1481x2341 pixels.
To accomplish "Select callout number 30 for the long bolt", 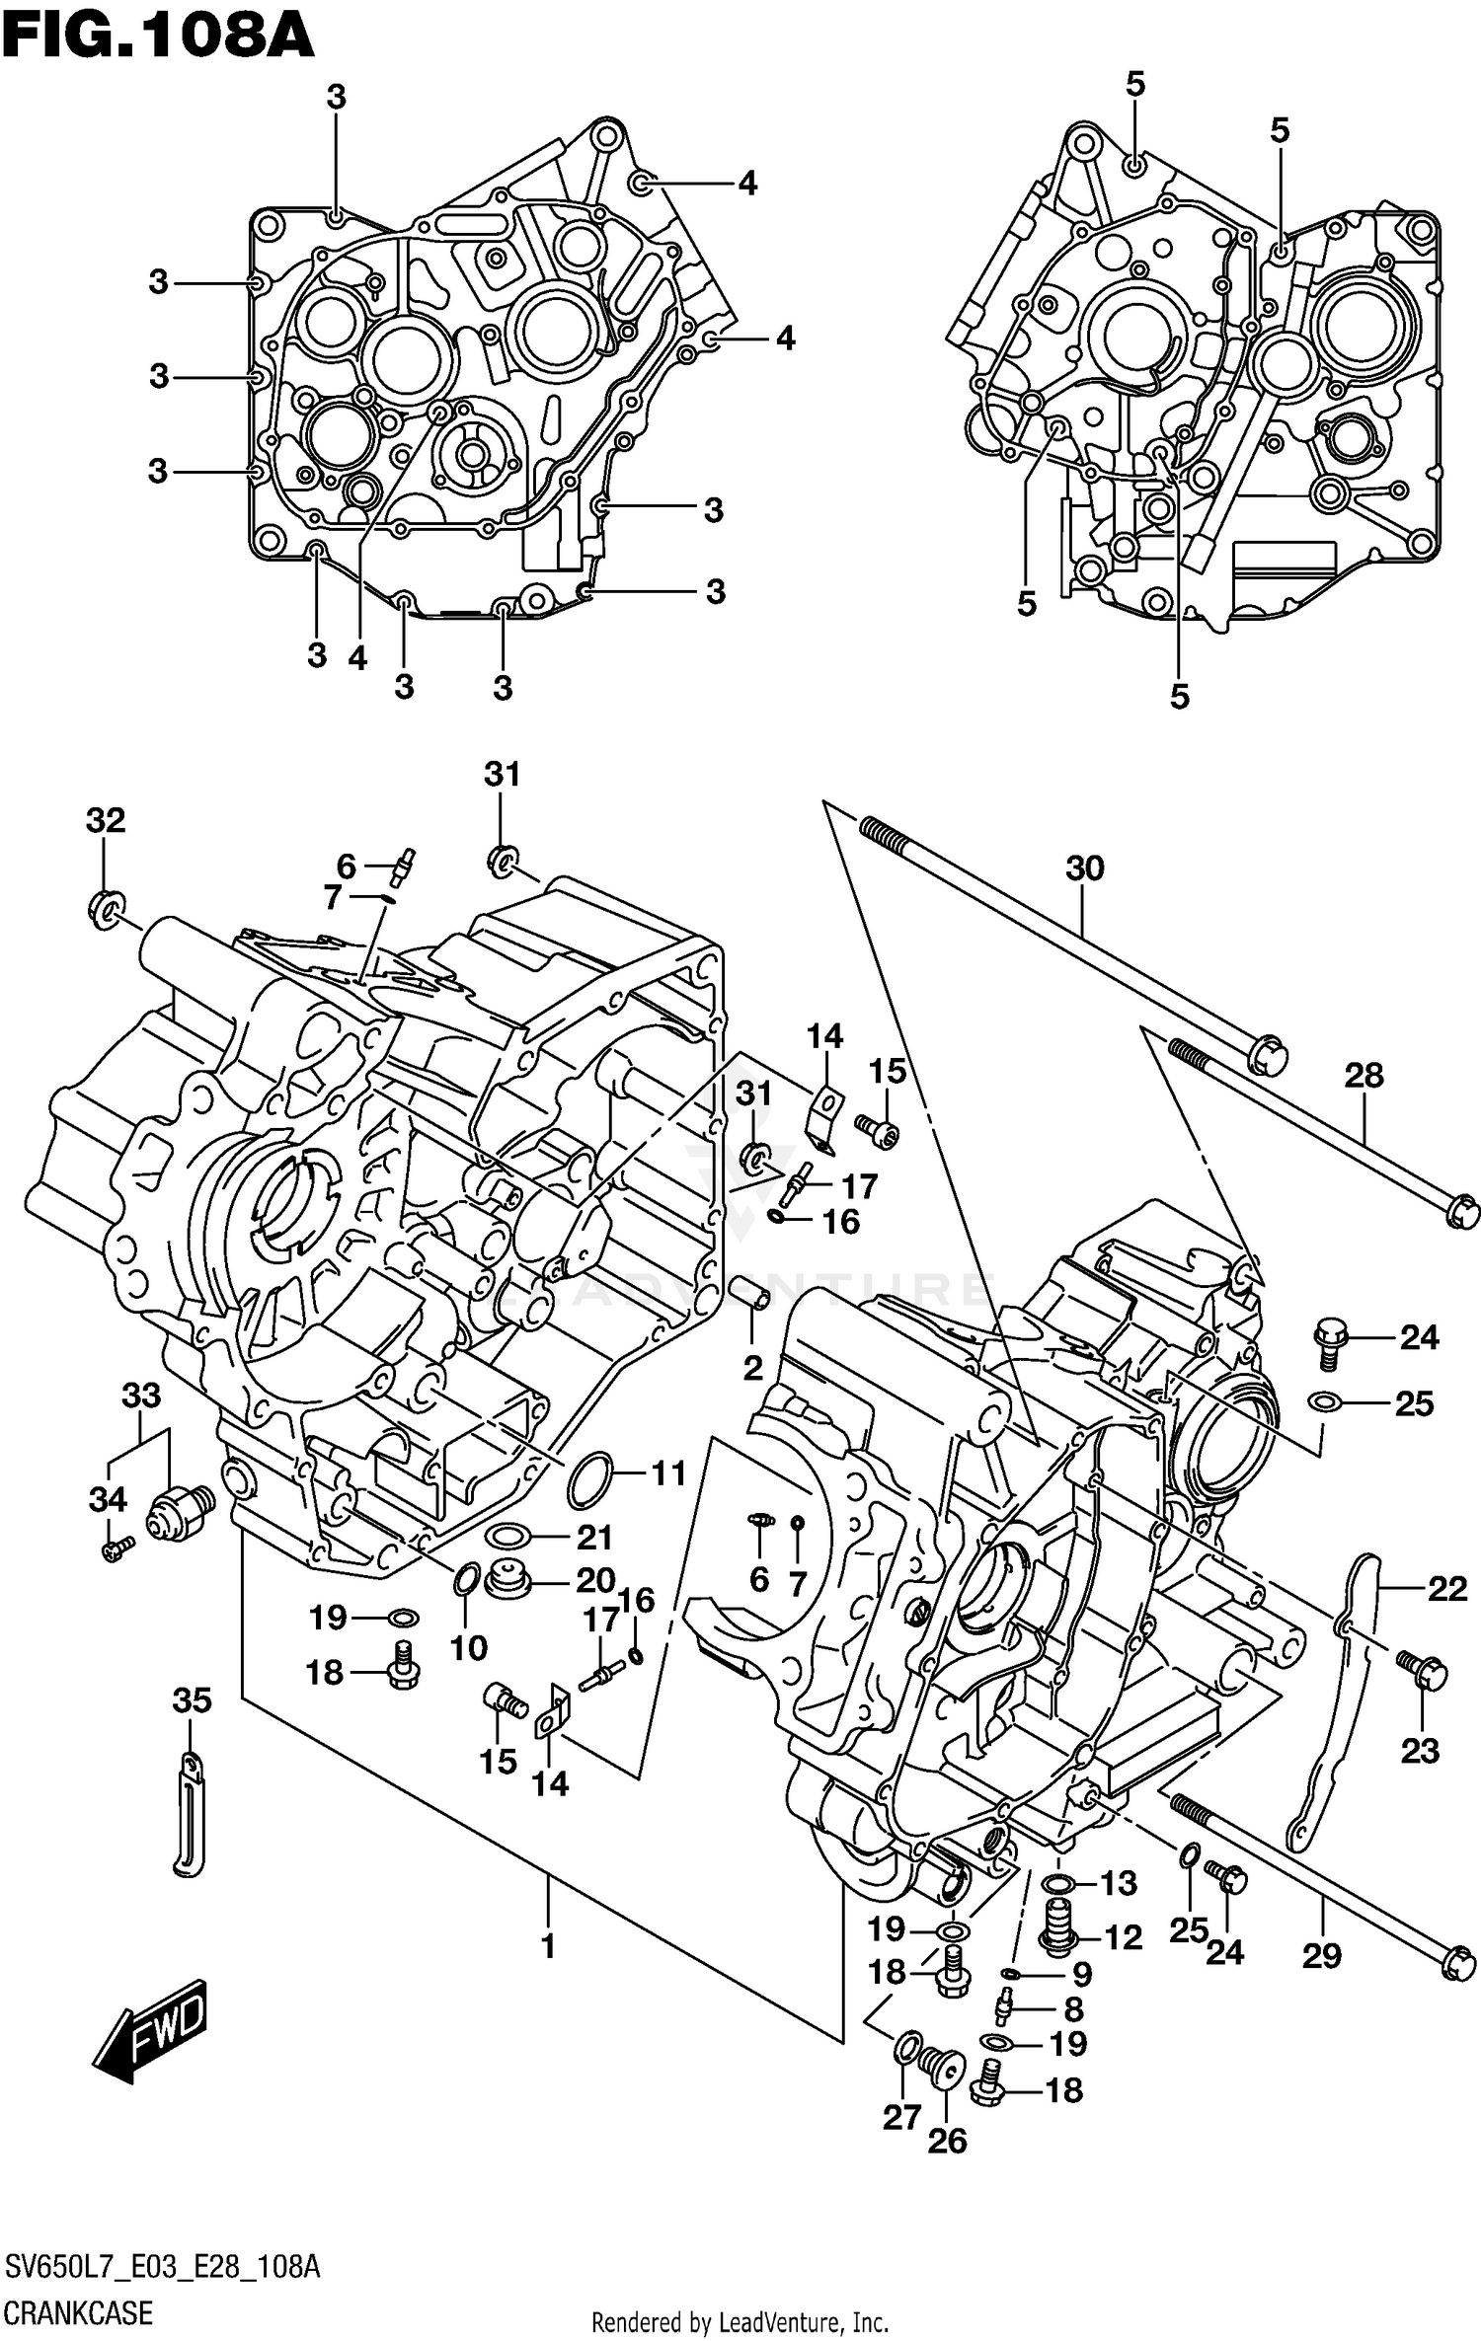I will (1084, 868).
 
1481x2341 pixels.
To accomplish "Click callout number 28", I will (1364, 1075).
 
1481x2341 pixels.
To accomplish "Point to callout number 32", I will (106, 820).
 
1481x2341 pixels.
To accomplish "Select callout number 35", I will (192, 1699).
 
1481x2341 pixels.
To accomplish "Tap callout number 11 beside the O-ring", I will (667, 1473).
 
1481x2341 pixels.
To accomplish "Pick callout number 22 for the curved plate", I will (1446, 1588).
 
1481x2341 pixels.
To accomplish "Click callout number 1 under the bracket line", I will (548, 1946).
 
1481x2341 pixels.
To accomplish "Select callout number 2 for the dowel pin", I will (752, 1368).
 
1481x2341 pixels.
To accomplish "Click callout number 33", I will (141, 1396).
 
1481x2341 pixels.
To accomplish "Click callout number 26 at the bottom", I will (947, 2141).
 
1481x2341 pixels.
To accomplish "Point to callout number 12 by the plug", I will (1123, 1937).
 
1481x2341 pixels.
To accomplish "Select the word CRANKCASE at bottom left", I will (78, 2311).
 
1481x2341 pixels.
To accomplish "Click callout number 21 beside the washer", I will (594, 1537).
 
